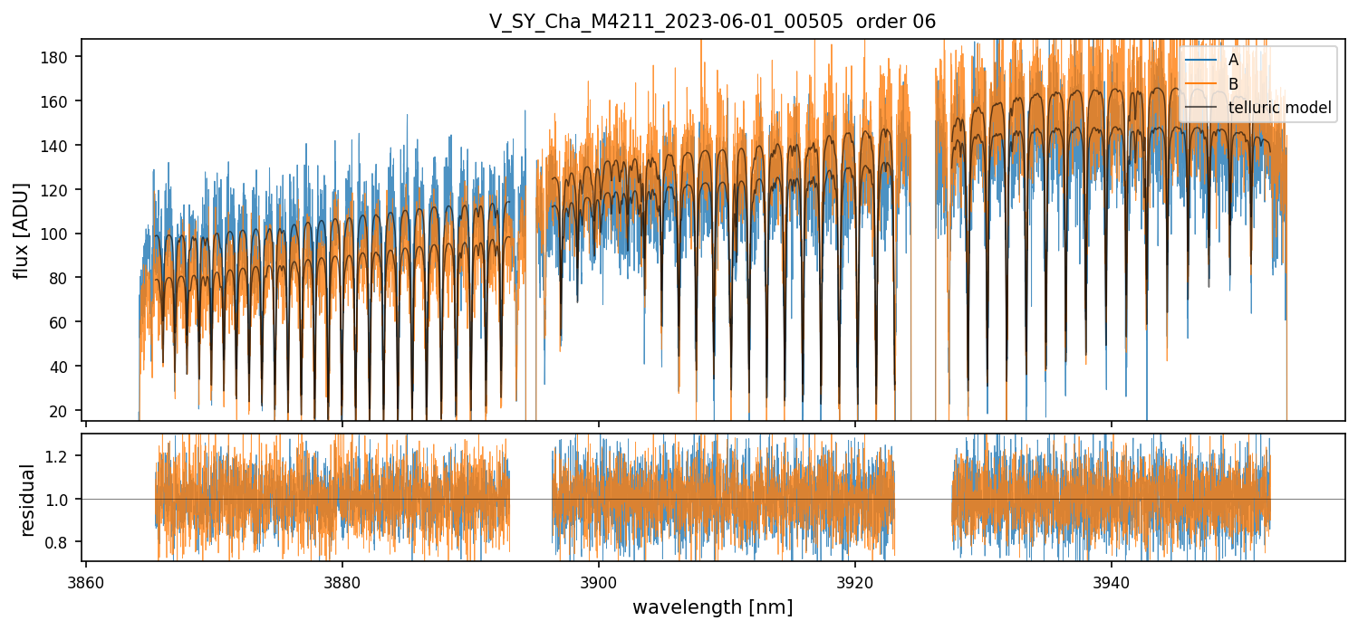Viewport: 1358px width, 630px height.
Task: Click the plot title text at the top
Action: pyautogui.click(x=712, y=21)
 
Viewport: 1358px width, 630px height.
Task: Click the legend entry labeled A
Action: pyautogui.click(x=1233, y=60)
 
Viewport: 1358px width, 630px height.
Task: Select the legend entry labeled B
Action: pyautogui.click(x=1233, y=83)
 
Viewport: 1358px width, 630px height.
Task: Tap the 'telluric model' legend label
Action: pyautogui.click(x=1279, y=108)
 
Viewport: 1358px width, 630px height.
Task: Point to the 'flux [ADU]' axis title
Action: pyautogui.click(x=20, y=230)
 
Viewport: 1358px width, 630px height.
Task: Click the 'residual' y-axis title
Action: pyautogui.click(x=27, y=500)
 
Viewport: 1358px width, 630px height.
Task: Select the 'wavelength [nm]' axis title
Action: pyautogui.click(x=712, y=607)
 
